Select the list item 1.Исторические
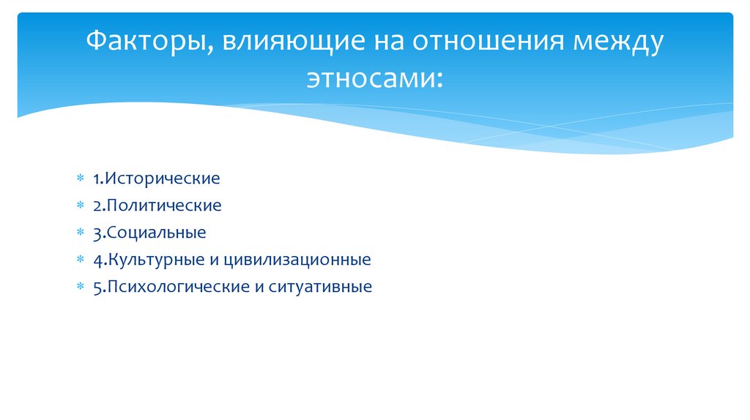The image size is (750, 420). pos(156,179)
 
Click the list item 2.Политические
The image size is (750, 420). pos(157,206)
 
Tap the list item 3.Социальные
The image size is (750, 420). pos(149,233)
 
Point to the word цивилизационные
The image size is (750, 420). pos(310,260)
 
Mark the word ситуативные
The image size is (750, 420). pos(320,287)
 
